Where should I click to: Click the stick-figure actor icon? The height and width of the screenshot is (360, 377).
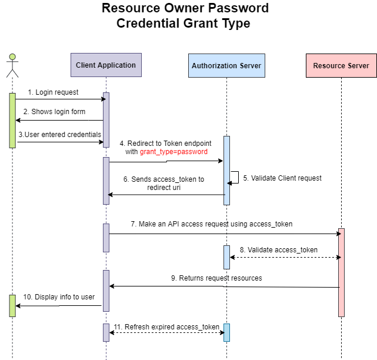pyautogui.click(x=12, y=65)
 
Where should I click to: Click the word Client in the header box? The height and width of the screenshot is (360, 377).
pyautogui.click(x=86, y=65)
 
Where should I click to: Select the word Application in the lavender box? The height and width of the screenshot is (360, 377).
pyautogui.click(x=116, y=65)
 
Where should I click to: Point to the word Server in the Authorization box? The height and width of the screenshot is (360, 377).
pyautogui.click(x=249, y=66)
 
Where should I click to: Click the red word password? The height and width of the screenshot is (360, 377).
pyautogui.click(x=192, y=152)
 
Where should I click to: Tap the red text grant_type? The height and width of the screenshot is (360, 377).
pyautogui.click(x=156, y=152)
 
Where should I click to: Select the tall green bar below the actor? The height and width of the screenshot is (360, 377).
pyautogui.click(x=12, y=120)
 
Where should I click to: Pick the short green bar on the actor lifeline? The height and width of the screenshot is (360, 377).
pyautogui.click(x=12, y=306)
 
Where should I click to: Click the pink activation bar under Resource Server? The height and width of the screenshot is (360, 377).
pyautogui.click(x=341, y=272)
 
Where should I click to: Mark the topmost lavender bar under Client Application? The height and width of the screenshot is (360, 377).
pyautogui.click(x=106, y=120)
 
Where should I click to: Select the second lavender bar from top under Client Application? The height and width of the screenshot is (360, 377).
pyautogui.click(x=106, y=181)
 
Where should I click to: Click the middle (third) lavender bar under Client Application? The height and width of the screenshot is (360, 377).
pyautogui.click(x=106, y=238)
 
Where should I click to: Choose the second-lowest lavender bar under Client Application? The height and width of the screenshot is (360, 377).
pyautogui.click(x=106, y=291)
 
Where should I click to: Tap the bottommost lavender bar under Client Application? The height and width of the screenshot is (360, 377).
pyautogui.click(x=106, y=332)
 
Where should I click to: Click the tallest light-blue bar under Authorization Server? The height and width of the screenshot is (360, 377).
pyautogui.click(x=226, y=171)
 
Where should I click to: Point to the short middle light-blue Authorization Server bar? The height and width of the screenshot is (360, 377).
pyautogui.click(x=226, y=257)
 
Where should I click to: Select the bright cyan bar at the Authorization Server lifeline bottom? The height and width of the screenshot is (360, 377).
pyautogui.click(x=226, y=332)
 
